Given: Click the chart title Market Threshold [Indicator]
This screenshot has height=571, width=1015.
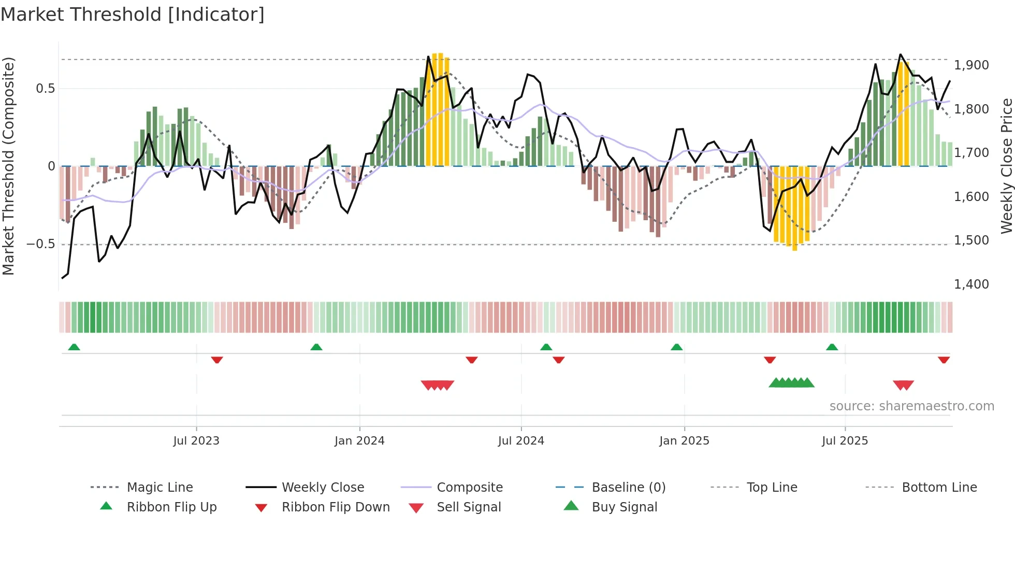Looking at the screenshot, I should pos(133,15).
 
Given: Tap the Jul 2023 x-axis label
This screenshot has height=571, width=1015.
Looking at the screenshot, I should pos(196,441).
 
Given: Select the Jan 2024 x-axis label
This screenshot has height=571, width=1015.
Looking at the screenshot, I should pos(359,441).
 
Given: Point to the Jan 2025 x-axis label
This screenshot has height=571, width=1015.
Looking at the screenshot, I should pos(684,441).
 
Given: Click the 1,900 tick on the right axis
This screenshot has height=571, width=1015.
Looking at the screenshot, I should pos(972,65).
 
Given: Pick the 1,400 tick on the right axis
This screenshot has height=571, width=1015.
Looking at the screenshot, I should pos(972,284).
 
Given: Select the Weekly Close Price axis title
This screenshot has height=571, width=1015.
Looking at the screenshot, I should pos(1006,166).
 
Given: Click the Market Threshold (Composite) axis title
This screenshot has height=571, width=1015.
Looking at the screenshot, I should pos(8,166).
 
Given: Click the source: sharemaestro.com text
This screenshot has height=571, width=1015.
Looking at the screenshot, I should pos(911,406).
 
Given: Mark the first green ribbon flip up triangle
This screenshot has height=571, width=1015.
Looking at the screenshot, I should pos(74,347).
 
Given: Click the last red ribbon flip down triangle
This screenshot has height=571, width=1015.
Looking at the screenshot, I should pos(944,360).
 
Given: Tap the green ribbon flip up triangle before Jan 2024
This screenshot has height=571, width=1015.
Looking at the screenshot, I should pos(316,347).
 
